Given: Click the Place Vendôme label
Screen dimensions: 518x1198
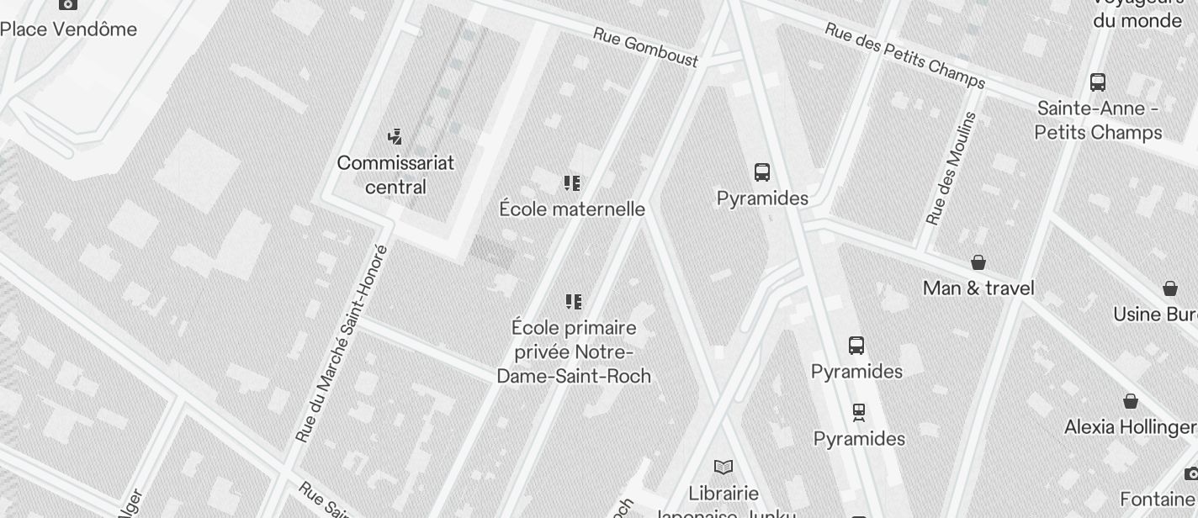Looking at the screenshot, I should [x=68, y=29].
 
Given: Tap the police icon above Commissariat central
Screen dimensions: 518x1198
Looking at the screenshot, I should [x=395, y=136].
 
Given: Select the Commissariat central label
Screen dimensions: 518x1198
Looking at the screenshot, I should [x=395, y=175].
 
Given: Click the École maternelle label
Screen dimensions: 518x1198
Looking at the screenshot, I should [x=572, y=209].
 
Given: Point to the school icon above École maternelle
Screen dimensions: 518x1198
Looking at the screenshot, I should [x=573, y=183].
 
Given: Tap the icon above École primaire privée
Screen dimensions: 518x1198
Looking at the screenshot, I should [x=574, y=302].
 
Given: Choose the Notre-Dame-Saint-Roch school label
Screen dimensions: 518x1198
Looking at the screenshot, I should [x=574, y=351].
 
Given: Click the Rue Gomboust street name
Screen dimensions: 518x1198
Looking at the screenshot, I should [x=645, y=47].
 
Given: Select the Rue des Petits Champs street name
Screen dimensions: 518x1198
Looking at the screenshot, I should [x=904, y=55].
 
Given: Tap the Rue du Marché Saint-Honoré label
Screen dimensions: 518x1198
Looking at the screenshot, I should [x=342, y=343].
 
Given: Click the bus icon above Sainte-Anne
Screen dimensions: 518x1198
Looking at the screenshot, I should [x=1098, y=82].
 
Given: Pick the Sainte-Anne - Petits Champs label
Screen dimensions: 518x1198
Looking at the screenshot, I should [x=1098, y=120].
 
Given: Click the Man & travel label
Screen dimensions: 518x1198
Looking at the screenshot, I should [x=978, y=288].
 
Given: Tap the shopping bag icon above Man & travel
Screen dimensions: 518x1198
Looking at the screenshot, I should [x=978, y=262].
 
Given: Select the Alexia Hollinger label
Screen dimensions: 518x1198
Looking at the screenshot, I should [x=1131, y=427].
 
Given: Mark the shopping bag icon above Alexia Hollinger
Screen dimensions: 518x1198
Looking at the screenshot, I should [x=1131, y=401].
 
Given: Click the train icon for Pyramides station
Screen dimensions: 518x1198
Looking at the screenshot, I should [x=858, y=413].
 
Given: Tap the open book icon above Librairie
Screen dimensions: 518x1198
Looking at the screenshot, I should [x=724, y=467].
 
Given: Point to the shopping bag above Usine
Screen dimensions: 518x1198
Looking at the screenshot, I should [x=1169, y=288].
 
